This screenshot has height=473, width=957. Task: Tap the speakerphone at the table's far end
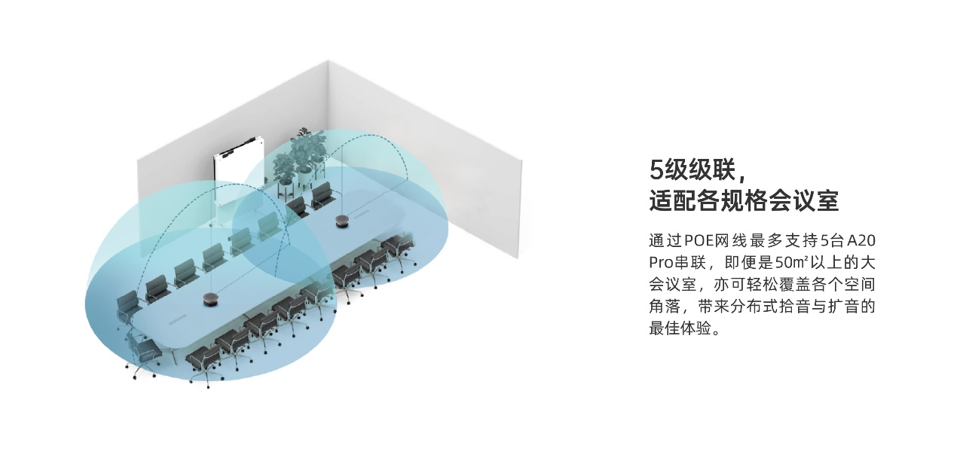click(341, 221)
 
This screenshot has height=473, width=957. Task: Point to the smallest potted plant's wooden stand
click(285, 190)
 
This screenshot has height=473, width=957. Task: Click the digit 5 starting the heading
click(656, 170)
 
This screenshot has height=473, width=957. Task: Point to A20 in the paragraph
click(861, 241)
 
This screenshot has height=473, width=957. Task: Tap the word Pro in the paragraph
click(662, 263)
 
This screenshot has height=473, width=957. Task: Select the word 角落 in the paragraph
click(665, 307)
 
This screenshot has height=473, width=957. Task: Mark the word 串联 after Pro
click(690, 263)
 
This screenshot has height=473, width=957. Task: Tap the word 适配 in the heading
click(673, 200)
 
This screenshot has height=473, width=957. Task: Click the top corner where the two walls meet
click(328, 60)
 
